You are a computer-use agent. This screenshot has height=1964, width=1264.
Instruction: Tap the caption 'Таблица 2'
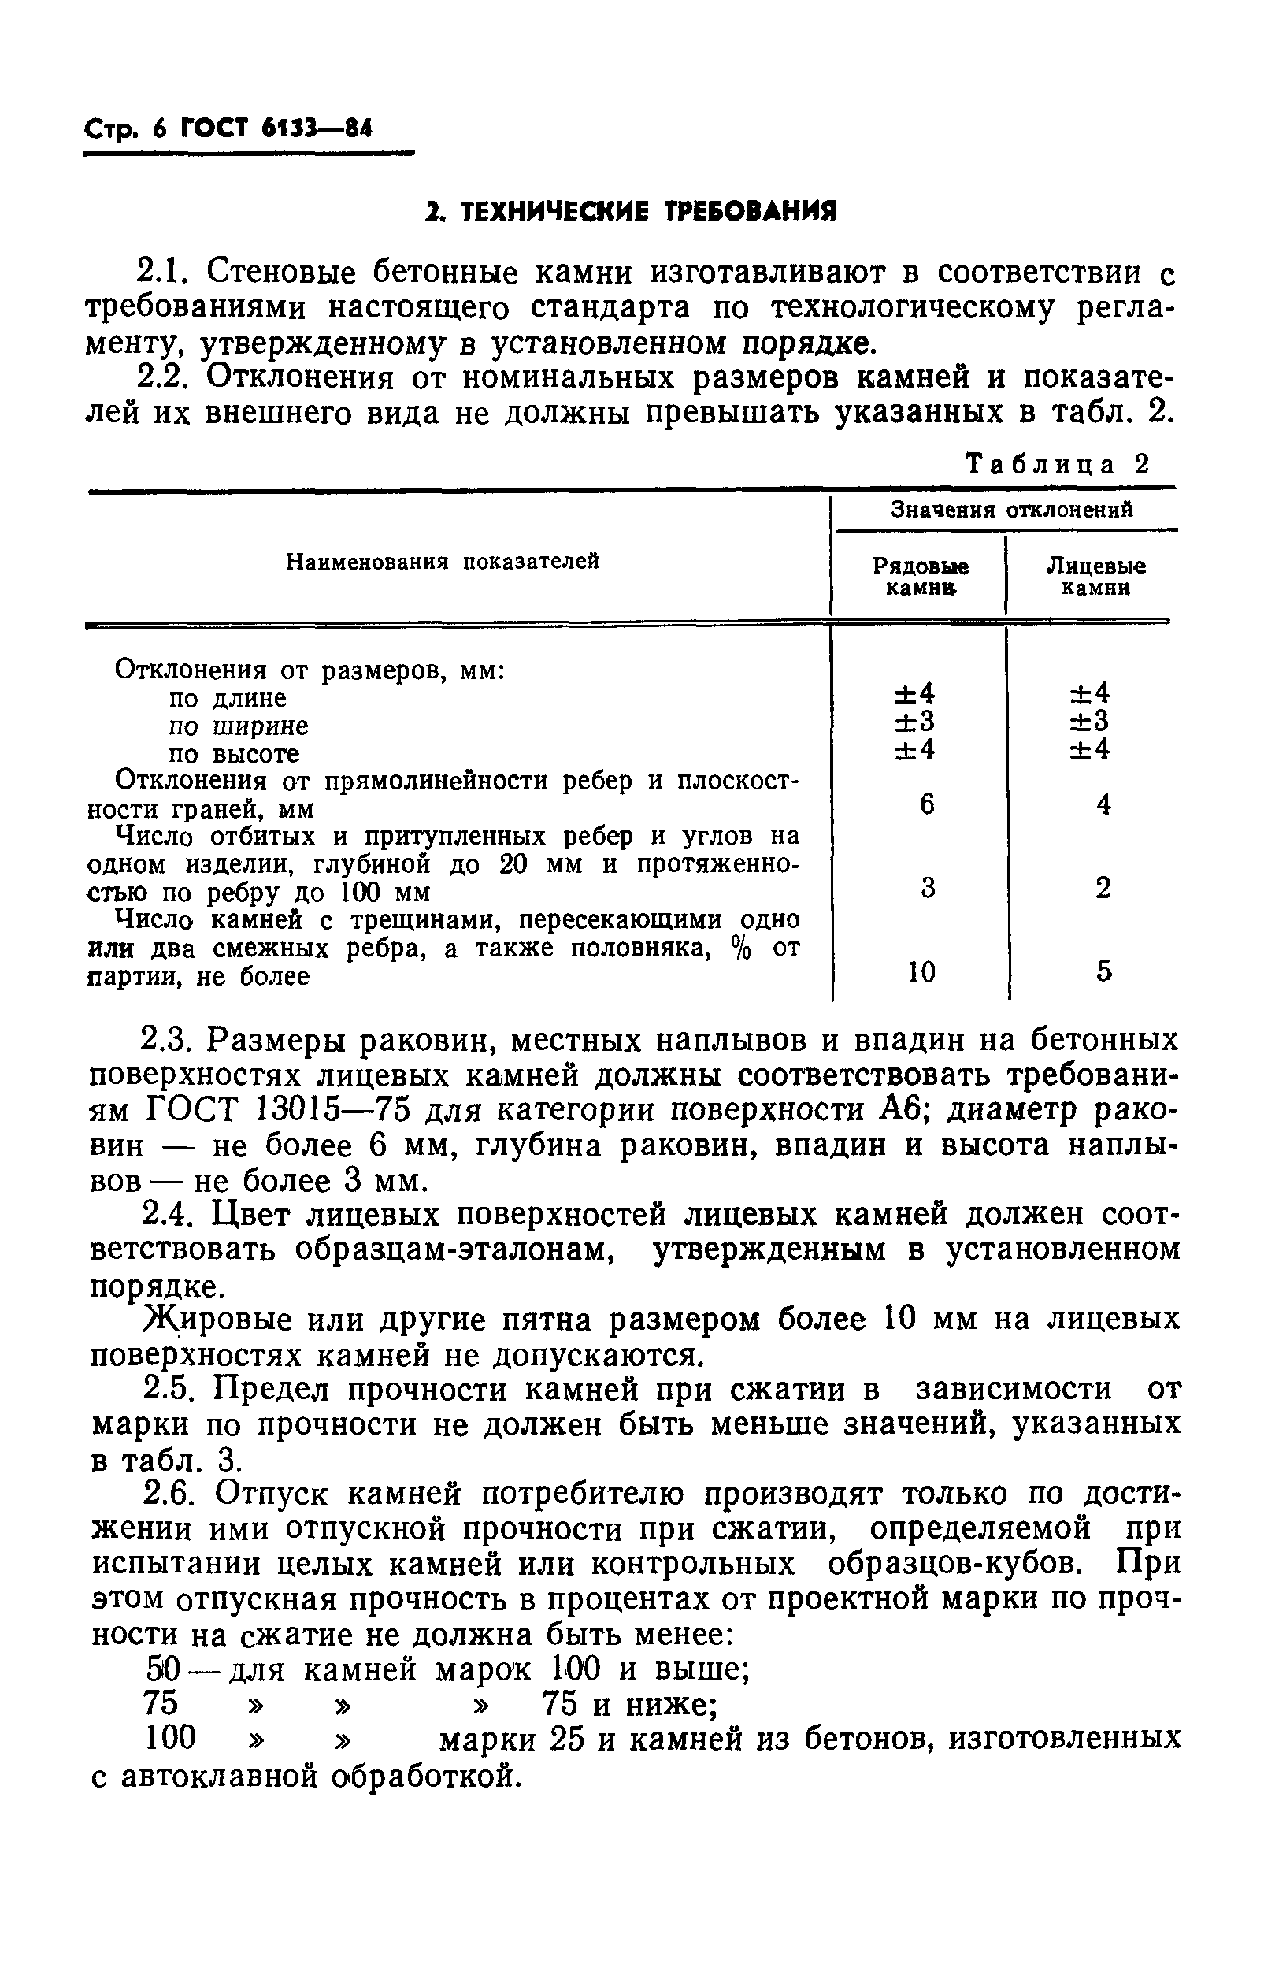point(1057,466)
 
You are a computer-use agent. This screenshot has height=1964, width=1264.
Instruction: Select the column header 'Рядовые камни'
point(920,577)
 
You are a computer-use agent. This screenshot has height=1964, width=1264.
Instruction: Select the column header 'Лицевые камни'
point(1095,577)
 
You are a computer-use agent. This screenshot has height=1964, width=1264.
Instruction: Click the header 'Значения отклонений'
point(1012,510)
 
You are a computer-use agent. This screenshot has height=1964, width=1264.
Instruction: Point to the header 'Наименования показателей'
point(443,562)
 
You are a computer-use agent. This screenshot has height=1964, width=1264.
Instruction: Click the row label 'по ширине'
point(238,726)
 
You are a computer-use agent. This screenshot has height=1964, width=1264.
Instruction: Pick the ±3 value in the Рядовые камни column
point(914,722)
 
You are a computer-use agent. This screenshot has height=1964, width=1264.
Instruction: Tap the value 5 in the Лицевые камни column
point(1104,972)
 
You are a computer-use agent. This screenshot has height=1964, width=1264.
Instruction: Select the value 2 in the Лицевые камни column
point(1103,888)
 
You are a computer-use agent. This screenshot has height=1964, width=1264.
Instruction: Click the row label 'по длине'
point(228,699)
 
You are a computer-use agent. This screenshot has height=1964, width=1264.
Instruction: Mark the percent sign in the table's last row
point(741,949)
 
